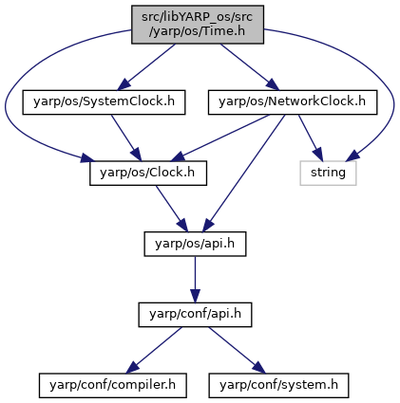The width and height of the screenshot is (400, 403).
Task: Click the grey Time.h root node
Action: click(198, 25)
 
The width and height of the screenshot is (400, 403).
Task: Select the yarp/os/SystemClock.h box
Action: click(104, 102)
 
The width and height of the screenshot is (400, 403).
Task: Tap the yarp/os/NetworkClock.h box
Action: click(293, 102)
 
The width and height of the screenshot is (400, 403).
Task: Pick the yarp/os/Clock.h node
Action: click(148, 174)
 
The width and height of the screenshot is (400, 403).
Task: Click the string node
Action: click(328, 174)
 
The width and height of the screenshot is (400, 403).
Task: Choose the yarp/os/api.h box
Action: click(195, 244)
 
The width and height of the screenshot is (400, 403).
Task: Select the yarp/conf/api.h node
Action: click(195, 315)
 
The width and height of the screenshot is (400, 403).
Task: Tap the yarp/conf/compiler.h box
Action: click(113, 386)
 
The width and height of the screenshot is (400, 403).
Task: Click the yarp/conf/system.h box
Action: click(278, 386)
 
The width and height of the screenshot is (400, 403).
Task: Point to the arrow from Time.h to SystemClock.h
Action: click(146, 67)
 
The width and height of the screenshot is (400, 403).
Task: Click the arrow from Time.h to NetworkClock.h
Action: click(250, 67)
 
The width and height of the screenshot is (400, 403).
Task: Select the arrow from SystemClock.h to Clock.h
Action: click(126, 137)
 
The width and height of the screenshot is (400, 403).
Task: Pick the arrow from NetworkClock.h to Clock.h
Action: click(220, 137)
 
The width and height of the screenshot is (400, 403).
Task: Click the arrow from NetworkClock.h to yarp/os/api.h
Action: click(243, 174)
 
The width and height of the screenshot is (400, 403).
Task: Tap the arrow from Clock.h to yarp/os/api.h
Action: click(171, 209)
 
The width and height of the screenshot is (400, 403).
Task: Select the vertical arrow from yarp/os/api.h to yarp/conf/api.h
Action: click(195, 280)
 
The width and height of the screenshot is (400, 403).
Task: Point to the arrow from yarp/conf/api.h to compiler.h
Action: click(154, 350)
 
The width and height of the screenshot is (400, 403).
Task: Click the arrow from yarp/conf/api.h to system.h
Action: click(237, 350)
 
